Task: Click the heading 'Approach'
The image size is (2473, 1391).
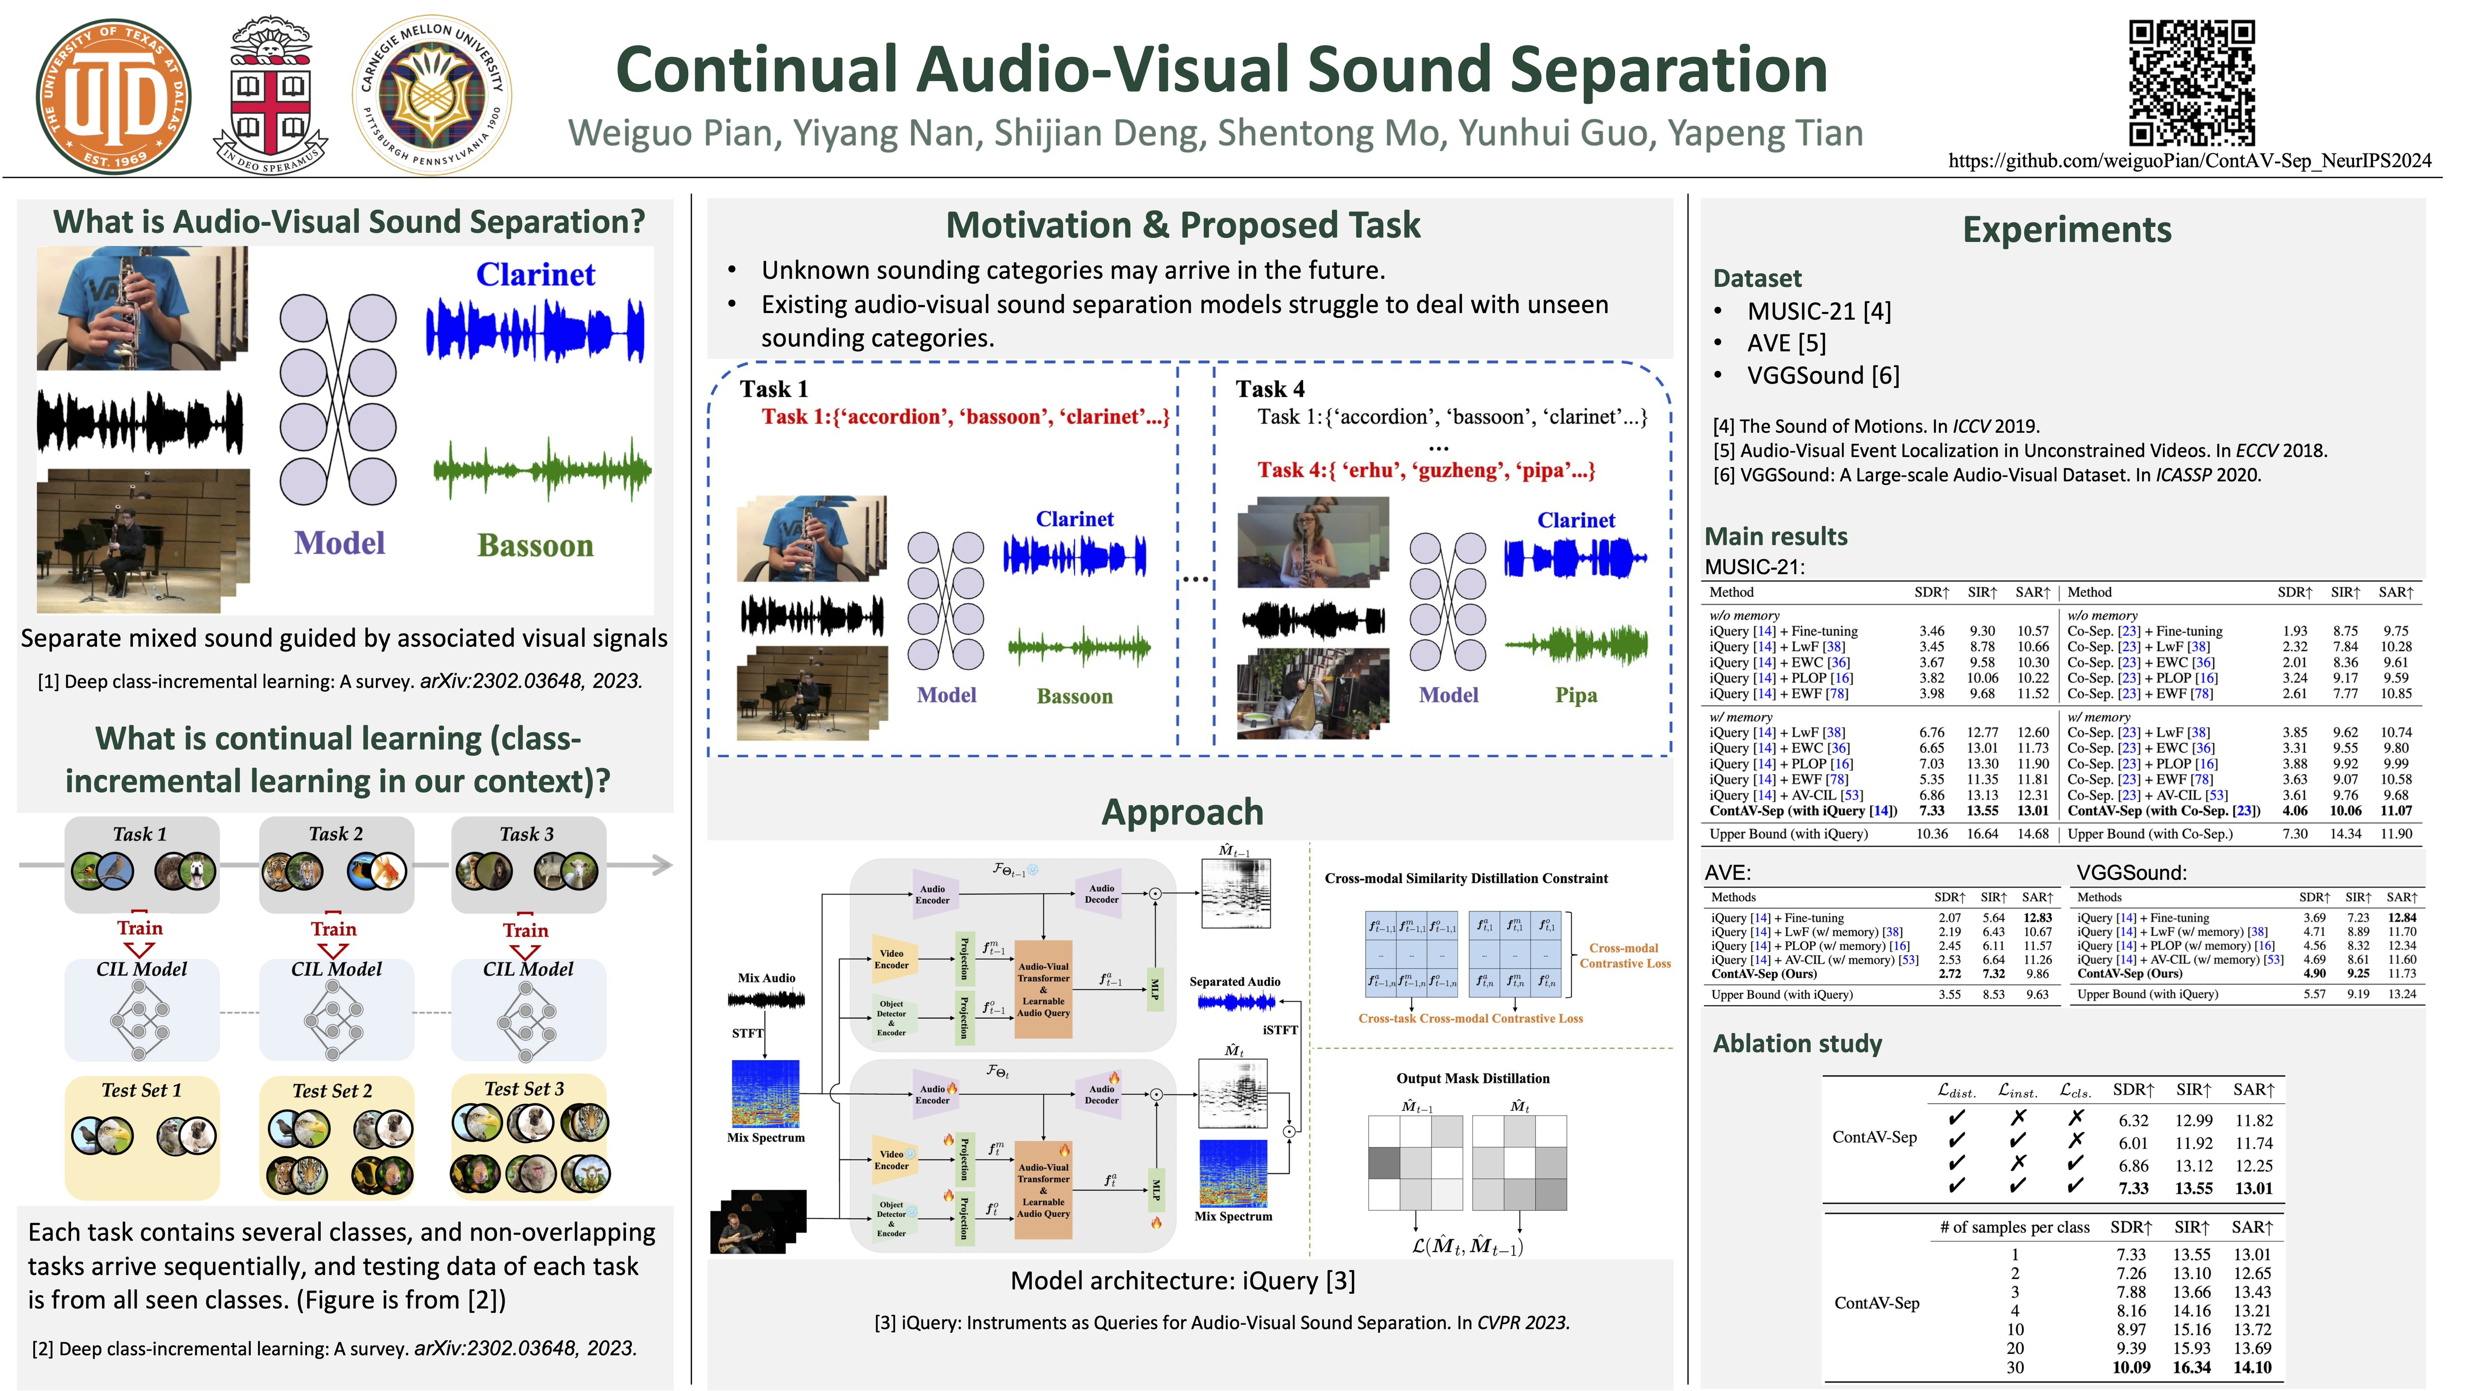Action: (1182, 812)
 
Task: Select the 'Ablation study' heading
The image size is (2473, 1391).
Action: (1797, 1043)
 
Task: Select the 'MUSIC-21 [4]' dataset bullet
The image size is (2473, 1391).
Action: (1818, 311)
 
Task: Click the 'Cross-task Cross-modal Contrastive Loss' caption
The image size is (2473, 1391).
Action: (1470, 1019)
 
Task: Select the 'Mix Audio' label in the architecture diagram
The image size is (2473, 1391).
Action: (766, 977)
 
